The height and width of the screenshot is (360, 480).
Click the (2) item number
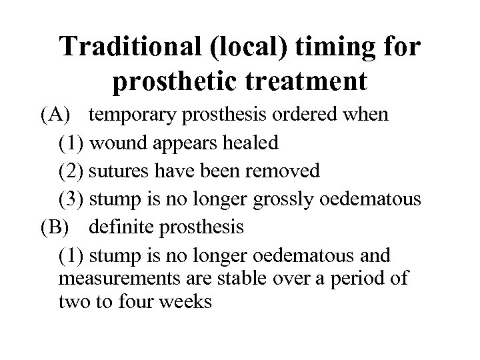[71, 171]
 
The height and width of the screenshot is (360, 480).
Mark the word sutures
[118, 171]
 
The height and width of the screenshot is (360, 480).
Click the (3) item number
[71, 199]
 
